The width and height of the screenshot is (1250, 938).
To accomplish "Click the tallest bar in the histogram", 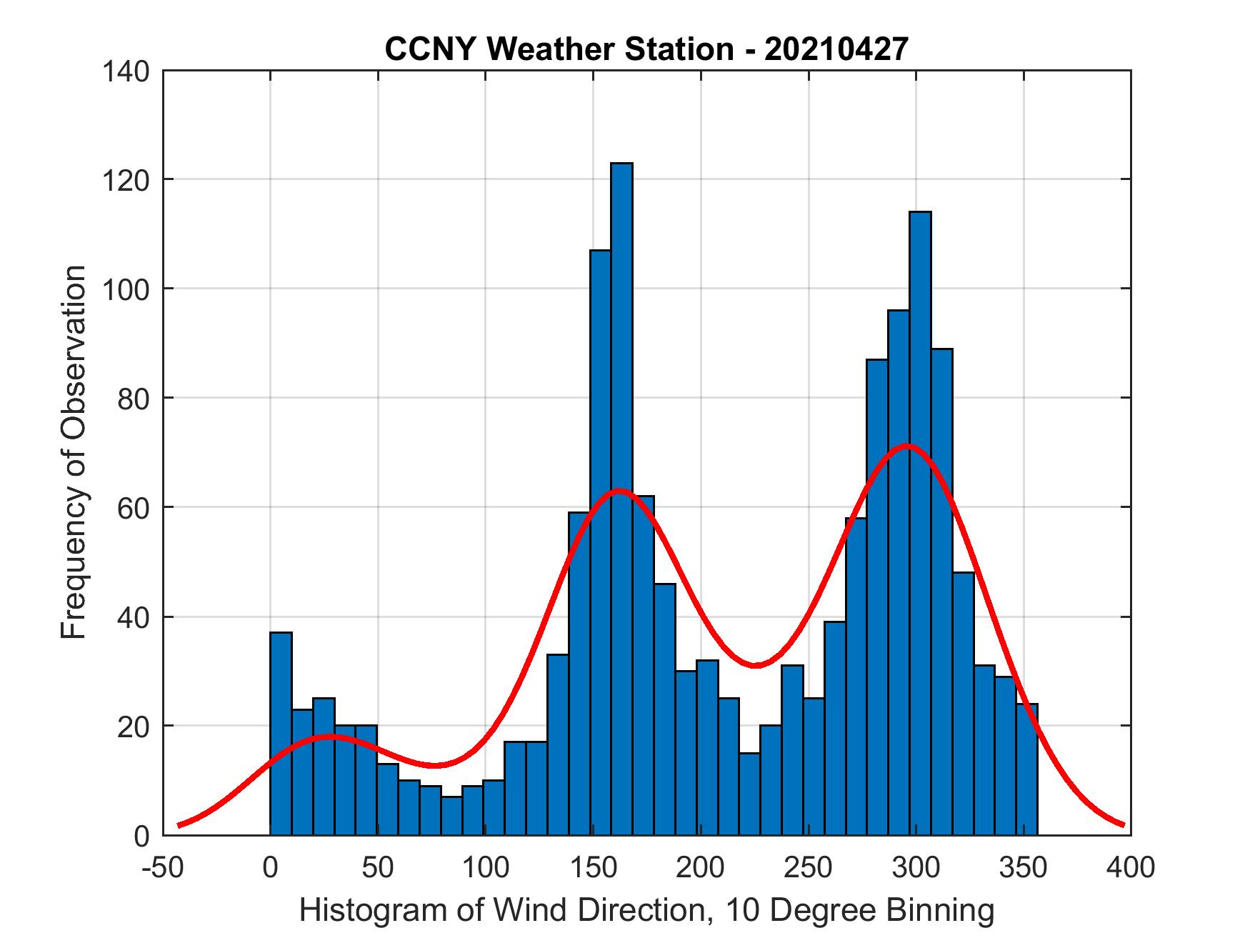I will pos(621,500).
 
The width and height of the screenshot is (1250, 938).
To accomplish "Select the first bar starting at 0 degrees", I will pos(281,736).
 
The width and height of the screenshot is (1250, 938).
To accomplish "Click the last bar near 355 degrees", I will pos(1026,772).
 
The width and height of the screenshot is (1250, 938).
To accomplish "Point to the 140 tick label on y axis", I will pos(125,71).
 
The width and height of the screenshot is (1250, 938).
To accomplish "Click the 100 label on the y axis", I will pos(125,289).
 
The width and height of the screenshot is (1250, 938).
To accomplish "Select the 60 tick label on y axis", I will pos(134,508).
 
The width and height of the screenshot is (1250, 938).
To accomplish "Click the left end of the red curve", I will pos(179,825).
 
